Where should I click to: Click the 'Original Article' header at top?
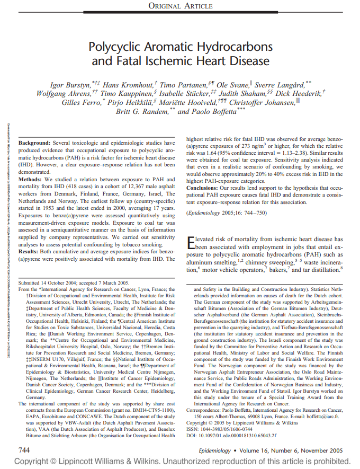click(180, 6)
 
